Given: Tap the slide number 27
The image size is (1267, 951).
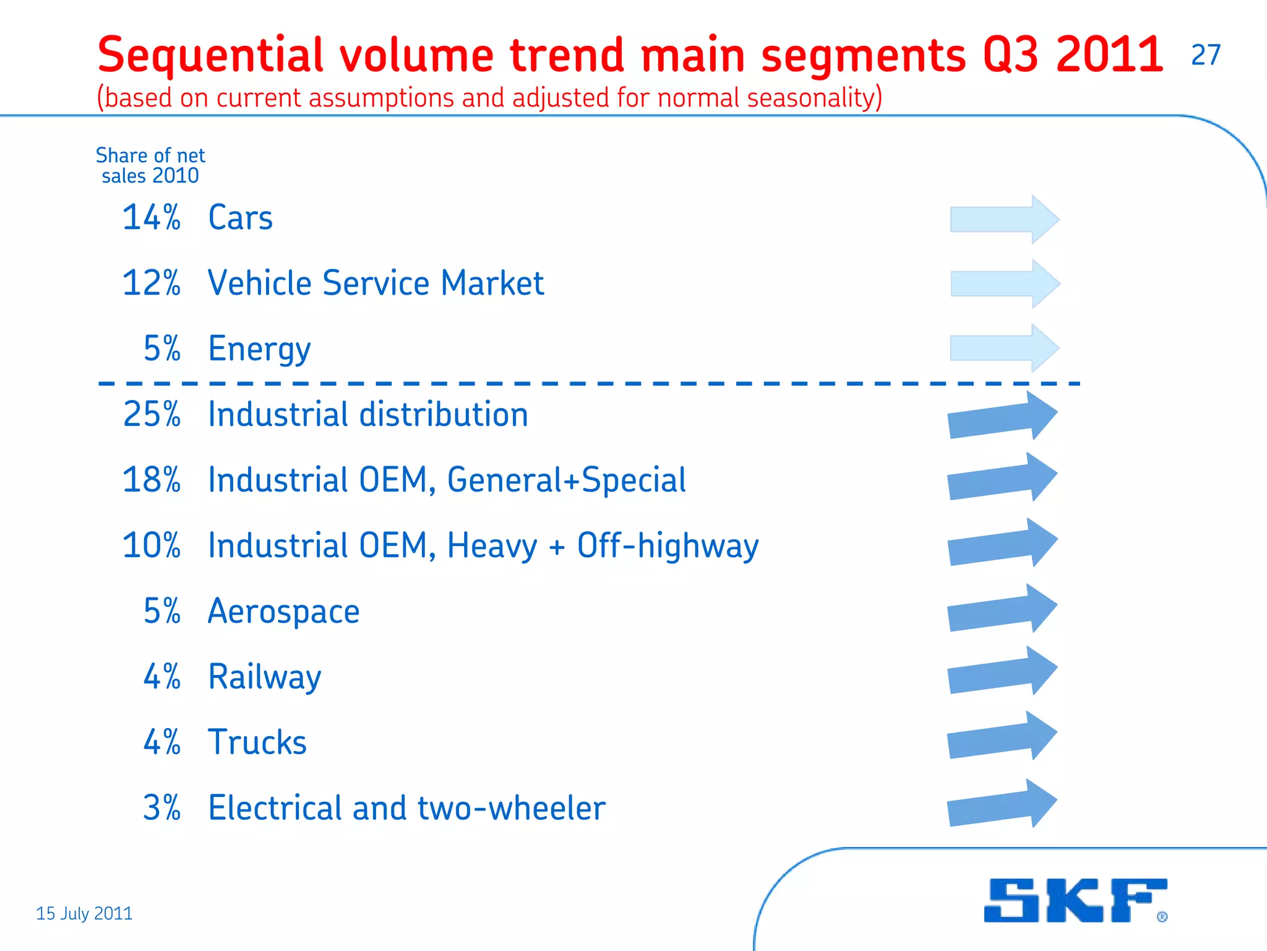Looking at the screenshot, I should pos(1206,55).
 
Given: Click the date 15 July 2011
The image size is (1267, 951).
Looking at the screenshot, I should pos(84,913).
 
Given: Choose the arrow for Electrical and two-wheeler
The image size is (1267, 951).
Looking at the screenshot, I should pos(1002,804).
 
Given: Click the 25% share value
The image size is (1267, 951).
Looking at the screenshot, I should pos(152,414).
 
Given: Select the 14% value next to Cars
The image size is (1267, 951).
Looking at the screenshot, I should pos(152,218).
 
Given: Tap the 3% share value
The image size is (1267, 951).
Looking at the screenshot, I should pos(161,808).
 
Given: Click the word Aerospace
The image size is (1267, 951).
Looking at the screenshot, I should pos(283,612).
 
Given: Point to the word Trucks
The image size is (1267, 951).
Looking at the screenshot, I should pos(257,742).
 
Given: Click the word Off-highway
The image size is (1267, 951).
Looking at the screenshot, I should pos(668,546).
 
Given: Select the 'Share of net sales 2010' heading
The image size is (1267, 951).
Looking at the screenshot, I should pos(150,165).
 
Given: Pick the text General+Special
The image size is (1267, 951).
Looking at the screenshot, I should pos(566,480).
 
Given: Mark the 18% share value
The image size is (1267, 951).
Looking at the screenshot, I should pos(152,480).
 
